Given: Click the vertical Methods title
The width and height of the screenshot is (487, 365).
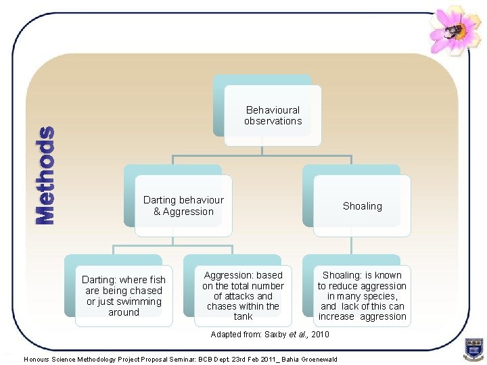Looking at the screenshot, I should click(45, 176).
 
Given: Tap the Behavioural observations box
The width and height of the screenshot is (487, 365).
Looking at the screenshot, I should click(273, 116).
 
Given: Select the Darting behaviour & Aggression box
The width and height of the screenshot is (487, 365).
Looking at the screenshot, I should click(183, 206).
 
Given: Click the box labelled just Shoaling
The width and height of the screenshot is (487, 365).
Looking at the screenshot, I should click(362, 206).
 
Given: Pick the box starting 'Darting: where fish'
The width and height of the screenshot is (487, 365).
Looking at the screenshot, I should click(123, 296).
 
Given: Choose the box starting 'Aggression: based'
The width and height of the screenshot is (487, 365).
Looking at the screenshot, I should click(243, 296).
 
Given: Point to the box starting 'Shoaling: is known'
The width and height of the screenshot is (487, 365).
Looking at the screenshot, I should click(362, 296).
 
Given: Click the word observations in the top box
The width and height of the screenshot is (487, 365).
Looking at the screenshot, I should click(273, 121).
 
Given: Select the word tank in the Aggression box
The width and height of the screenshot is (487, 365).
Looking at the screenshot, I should click(243, 316).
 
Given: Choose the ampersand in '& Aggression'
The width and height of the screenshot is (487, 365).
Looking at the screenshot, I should click(157, 212).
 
